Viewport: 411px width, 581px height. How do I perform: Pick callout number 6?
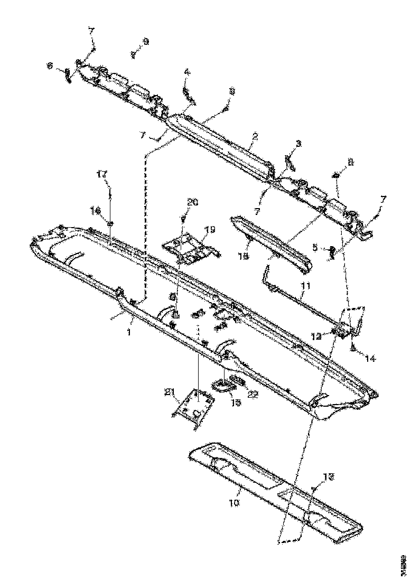tap(50, 66)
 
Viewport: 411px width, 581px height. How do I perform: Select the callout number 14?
tap(370, 358)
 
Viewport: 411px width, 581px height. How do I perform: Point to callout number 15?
tap(236, 402)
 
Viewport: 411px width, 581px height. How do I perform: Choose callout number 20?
tap(192, 202)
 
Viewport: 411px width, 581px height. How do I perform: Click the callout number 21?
tap(170, 391)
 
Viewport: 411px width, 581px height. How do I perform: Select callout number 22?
tap(253, 393)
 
